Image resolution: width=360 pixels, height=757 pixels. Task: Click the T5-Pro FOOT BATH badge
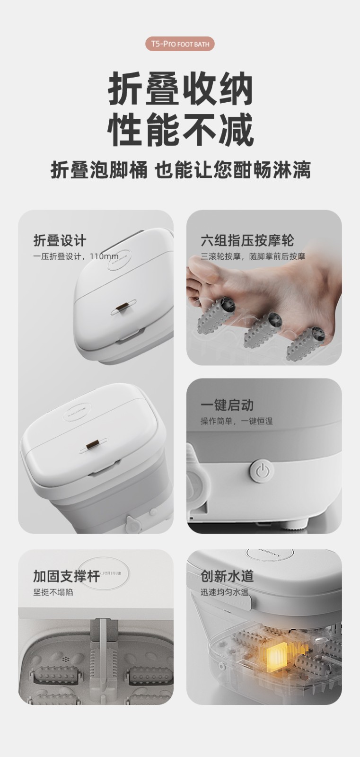(180, 44)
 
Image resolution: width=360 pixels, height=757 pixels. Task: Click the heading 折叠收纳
(181, 89)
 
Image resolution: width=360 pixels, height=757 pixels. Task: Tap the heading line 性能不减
(181, 130)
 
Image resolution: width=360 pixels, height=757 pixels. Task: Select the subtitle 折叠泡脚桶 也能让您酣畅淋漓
(181, 170)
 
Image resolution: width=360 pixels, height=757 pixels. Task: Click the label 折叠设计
(60, 241)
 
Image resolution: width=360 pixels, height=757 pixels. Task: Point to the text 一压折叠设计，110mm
(76, 256)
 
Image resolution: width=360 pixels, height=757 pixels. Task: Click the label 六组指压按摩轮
(247, 241)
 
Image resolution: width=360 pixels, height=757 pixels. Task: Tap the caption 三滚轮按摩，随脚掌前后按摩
(253, 256)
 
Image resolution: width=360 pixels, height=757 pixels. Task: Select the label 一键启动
(227, 405)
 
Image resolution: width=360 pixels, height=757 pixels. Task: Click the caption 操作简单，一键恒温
(237, 421)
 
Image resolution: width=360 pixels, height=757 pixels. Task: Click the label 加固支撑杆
(67, 576)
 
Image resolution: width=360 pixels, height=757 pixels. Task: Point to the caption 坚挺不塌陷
(53, 592)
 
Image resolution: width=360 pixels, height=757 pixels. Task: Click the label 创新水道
(227, 576)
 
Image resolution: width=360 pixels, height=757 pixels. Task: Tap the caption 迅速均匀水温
(224, 592)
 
